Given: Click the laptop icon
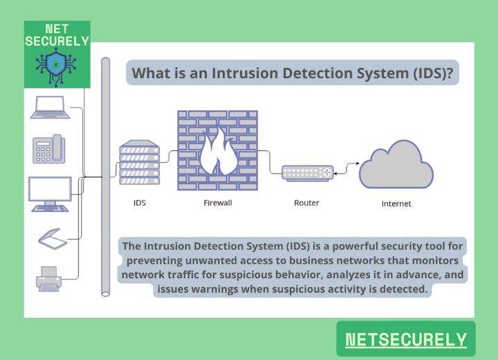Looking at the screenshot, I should pyautogui.click(x=50, y=107).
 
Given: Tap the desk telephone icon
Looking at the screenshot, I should pyautogui.click(x=48, y=148).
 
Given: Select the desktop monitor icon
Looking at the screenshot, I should pyautogui.click(x=50, y=193).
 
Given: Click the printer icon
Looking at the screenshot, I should pyautogui.click(x=50, y=278).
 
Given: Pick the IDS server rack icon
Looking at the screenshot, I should pyautogui.click(x=139, y=163).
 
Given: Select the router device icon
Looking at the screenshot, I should pyautogui.click(x=307, y=172).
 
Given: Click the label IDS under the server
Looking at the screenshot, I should pyautogui.click(x=140, y=204).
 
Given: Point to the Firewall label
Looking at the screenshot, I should pyautogui.click(x=217, y=204).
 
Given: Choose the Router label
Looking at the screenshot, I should pyautogui.click(x=306, y=203).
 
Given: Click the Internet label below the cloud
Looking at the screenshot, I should pyautogui.click(x=396, y=204).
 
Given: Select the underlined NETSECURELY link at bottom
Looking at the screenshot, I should pyautogui.click(x=406, y=339).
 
